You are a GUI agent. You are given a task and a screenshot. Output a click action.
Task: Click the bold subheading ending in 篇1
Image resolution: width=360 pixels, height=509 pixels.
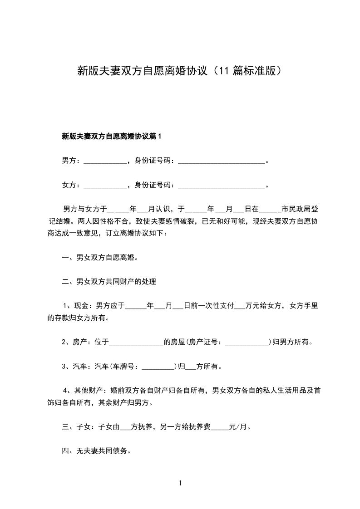112,136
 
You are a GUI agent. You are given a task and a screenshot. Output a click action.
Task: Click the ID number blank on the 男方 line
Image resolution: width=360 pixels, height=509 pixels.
221,161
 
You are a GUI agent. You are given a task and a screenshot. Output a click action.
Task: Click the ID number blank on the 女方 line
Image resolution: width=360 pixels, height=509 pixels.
221,186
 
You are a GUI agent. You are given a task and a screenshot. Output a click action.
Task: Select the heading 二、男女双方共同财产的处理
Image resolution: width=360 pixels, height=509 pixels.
109,282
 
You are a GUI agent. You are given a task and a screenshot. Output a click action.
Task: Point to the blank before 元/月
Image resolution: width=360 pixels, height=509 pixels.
220,427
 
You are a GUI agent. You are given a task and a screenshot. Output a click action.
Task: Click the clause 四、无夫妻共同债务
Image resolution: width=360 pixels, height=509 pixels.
96,451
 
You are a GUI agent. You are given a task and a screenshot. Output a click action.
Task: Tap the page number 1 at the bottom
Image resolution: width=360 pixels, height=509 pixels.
180,484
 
